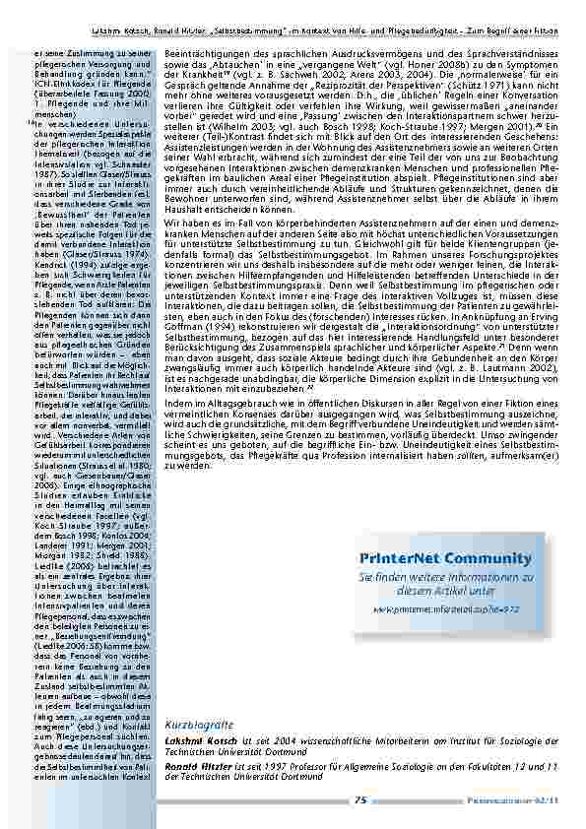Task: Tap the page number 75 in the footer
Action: click(360, 800)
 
